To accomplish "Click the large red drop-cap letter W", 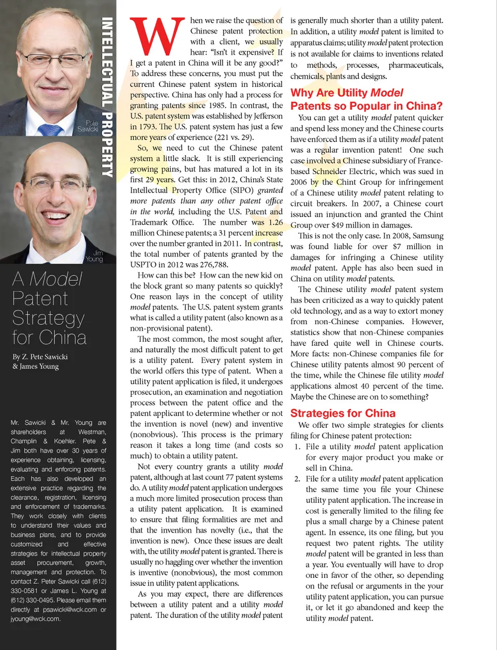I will coord(157,37).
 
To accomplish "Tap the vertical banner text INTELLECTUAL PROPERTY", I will coord(107,97).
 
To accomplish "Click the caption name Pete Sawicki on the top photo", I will coord(88,126).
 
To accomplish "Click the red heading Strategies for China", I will coord(343,413).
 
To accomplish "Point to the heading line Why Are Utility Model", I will coord(346,93).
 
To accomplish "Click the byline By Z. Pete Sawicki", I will coord(40,356).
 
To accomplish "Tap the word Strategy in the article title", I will coord(48,318).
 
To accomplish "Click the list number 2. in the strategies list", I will coord(297,479).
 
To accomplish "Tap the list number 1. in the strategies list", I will coord(297,446).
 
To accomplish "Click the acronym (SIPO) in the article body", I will coord(242,190).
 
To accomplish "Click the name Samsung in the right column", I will coord(428,236).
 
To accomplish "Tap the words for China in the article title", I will coord(49,338).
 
